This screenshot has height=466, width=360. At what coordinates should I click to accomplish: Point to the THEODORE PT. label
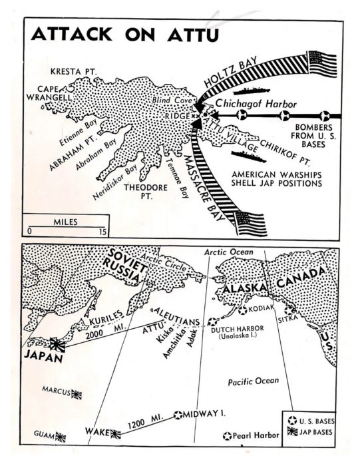147,192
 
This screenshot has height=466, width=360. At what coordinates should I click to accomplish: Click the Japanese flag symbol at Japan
58,344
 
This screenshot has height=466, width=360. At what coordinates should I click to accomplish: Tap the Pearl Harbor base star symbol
228,437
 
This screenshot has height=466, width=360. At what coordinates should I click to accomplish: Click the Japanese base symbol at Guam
61,437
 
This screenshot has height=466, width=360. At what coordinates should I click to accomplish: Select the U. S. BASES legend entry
313,421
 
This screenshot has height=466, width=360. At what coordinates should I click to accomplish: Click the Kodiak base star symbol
243,310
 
